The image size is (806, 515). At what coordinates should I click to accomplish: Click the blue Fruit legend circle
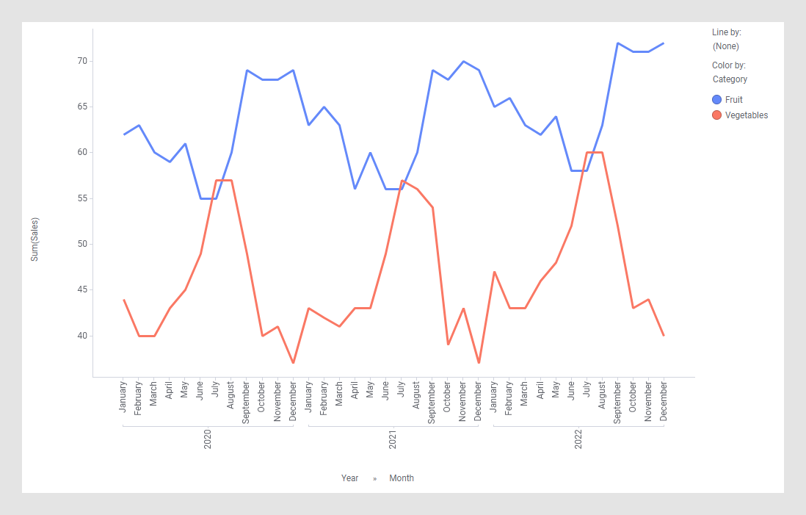point(717,99)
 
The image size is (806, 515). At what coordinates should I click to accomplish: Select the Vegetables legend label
point(747,115)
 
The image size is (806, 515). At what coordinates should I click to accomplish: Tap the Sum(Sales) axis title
point(35,239)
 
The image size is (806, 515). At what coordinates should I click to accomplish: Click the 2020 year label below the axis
point(208,440)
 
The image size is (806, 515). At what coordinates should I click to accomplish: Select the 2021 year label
point(393,440)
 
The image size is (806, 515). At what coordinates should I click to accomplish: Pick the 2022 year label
point(578,440)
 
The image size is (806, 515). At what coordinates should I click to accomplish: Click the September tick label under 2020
point(247,402)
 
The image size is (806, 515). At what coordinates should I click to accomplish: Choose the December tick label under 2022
point(664,400)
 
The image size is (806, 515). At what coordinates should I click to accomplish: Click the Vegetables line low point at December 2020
point(293,363)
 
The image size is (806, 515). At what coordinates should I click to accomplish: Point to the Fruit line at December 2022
point(664,43)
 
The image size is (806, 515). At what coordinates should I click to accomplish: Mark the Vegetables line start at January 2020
point(124,300)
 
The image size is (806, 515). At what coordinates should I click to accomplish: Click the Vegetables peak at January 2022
point(494,272)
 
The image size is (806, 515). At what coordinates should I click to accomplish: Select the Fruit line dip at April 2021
point(355,189)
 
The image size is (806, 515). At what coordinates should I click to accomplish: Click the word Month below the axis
point(402,478)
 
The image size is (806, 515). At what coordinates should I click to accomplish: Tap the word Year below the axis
point(349,478)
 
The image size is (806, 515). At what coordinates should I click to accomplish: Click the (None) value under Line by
point(726,46)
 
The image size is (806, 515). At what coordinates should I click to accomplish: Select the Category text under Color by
point(730,79)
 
